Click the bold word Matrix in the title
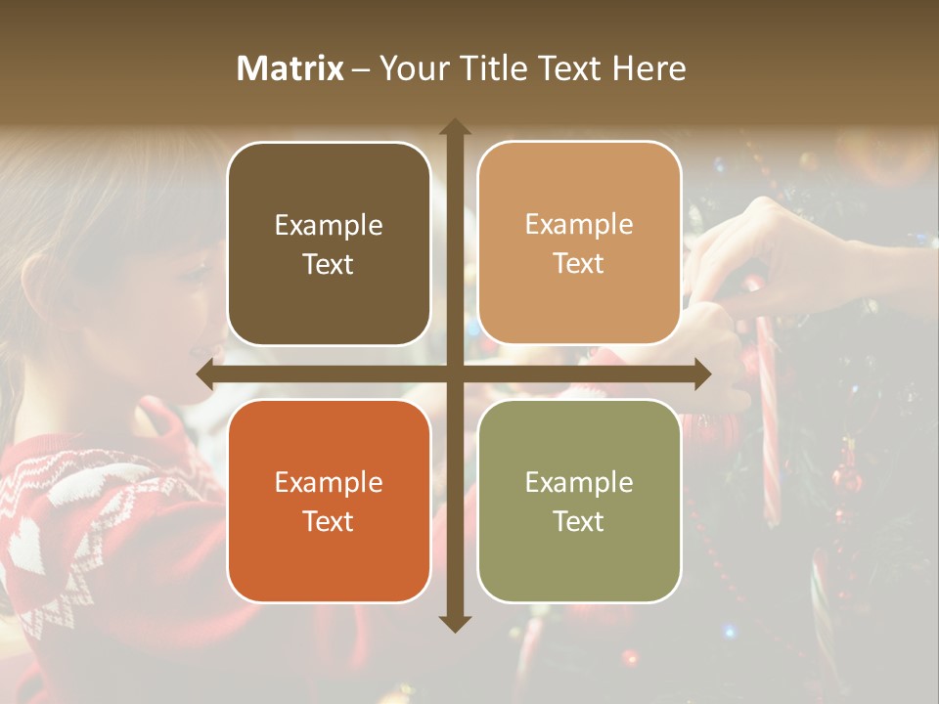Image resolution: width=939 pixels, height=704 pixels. (x=291, y=68)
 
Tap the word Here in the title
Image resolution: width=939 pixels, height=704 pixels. (x=649, y=68)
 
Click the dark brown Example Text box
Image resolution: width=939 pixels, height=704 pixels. (x=329, y=244)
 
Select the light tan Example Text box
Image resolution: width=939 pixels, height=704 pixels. (x=579, y=243)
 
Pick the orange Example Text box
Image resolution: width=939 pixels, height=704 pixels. (x=329, y=501)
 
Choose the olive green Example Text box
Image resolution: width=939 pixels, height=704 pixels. (x=579, y=501)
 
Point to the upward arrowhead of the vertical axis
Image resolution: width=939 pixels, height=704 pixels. (x=455, y=127)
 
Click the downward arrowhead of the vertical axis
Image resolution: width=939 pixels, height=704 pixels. (x=455, y=623)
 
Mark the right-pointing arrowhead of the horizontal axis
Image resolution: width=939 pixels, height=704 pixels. (x=702, y=374)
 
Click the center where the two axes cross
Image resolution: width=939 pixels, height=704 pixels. (x=455, y=374)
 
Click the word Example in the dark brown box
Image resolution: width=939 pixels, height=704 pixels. (x=329, y=226)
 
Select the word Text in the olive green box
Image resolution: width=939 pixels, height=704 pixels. (x=579, y=521)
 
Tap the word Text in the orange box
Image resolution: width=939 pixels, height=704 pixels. (x=329, y=521)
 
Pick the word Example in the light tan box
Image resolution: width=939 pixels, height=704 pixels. (x=579, y=225)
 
